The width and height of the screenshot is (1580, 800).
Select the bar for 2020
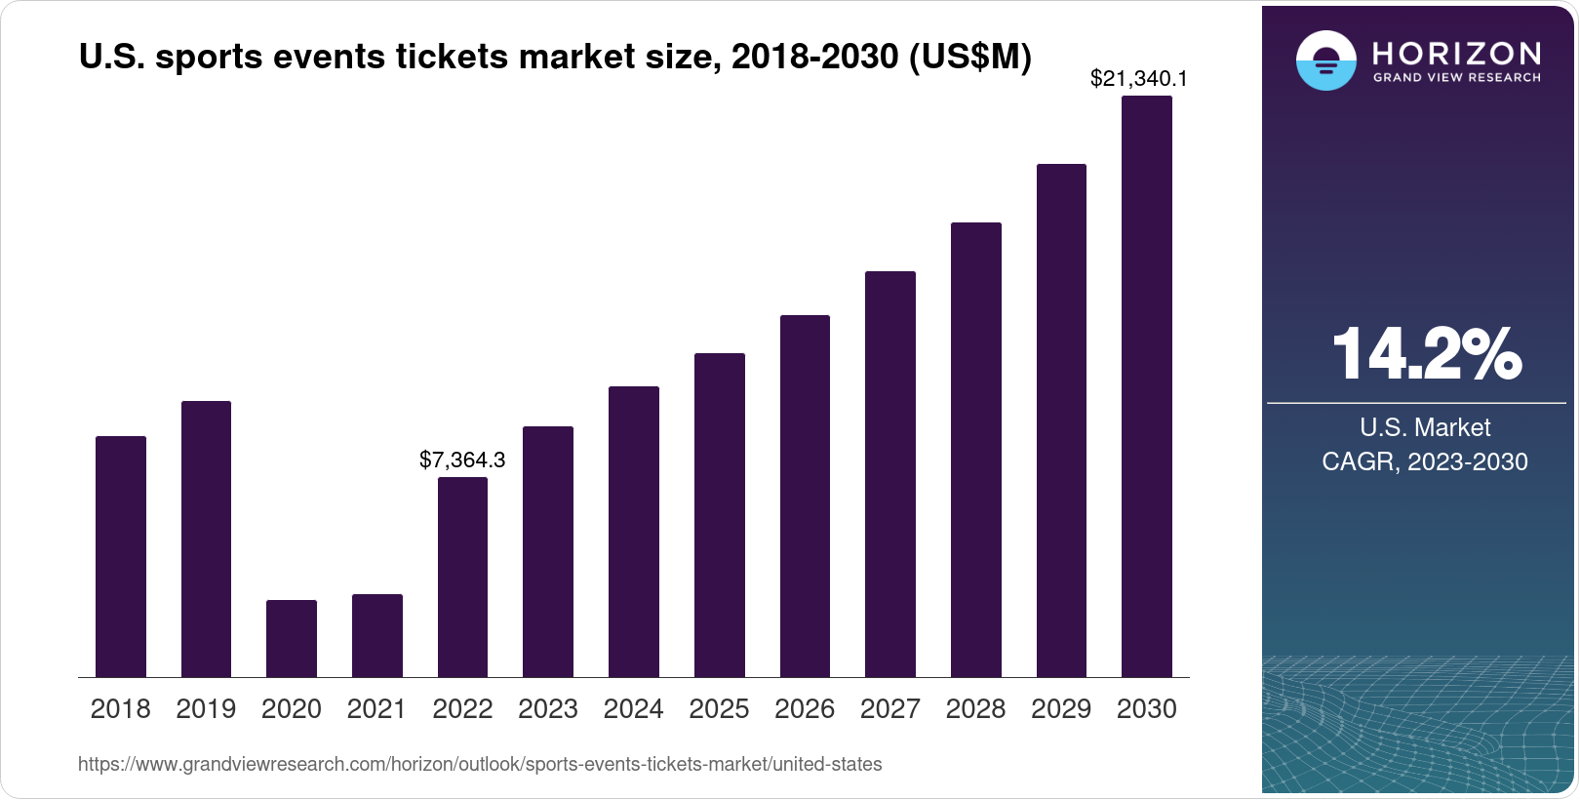[x=292, y=638]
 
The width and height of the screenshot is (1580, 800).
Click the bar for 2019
[x=206, y=539]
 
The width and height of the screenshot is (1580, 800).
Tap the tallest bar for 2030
[x=1146, y=386]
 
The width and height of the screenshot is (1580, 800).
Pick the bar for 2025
[x=719, y=515]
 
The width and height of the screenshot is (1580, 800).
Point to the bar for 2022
[x=462, y=577]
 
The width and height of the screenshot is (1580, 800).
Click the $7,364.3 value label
[x=462, y=460]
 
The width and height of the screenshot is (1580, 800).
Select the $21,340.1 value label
[x=1138, y=78]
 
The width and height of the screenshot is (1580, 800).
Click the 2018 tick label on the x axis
[x=120, y=709]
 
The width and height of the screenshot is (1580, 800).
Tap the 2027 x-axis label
[x=889, y=709]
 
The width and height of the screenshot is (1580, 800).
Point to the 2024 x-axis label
[x=633, y=709]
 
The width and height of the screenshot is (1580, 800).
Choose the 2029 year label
[x=1061, y=709]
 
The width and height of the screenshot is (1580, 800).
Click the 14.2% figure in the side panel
[x=1425, y=354]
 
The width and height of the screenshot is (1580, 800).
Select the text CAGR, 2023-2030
[x=1424, y=461]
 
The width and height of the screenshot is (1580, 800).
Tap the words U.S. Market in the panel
[x=1424, y=427]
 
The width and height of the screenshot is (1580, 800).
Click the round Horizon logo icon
[x=1325, y=60]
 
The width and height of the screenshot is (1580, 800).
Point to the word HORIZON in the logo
[x=1456, y=53]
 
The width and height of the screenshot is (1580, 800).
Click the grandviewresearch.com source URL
[x=480, y=764]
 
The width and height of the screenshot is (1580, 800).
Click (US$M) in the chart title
[x=969, y=57]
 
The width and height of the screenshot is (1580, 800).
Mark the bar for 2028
[x=975, y=450]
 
